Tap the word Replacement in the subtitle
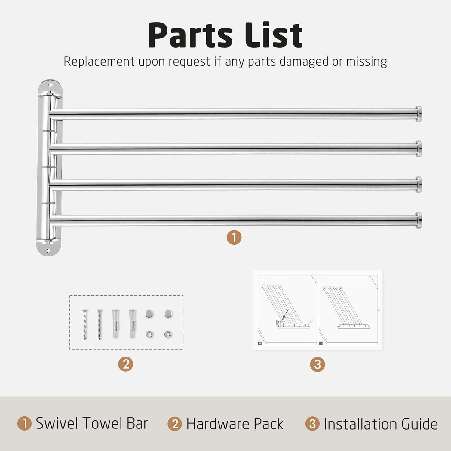tap(99, 62)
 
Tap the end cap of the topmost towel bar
tap(418, 113)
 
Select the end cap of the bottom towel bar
tap(418, 220)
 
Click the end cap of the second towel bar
tap(418, 149)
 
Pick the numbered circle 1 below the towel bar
tap(234, 237)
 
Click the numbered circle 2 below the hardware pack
tap(126, 364)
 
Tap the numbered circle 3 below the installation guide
tap(318, 364)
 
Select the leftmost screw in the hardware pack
tap(85, 324)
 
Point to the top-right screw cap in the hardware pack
tap(169, 314)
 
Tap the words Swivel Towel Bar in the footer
tap(92, 423)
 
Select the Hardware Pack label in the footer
tap(235, 424)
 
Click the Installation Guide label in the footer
tap(381, 424)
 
